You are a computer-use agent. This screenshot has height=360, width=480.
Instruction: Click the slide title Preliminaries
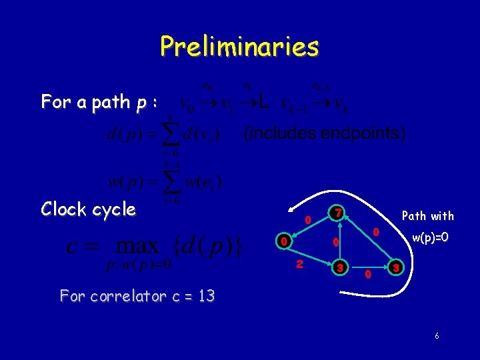(239, 47)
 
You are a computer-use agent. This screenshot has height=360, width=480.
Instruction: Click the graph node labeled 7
(338, 213)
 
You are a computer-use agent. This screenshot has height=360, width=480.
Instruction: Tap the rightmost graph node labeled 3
(395, 268)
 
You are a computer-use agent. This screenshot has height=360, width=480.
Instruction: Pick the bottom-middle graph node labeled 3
(339, 268)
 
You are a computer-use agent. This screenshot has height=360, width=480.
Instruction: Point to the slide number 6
(437, 336)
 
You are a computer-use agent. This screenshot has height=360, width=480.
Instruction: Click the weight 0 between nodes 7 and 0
(307, 219)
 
